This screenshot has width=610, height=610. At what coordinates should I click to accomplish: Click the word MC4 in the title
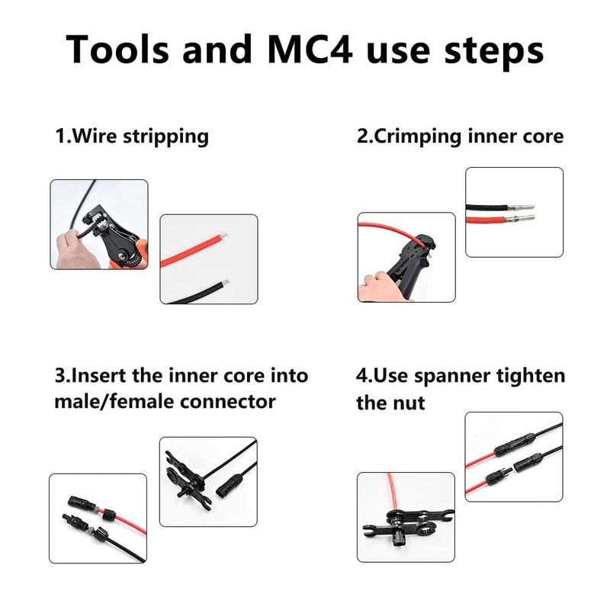coord(308,49)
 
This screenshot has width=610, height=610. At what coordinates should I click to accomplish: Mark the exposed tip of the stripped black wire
coord(226,284)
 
